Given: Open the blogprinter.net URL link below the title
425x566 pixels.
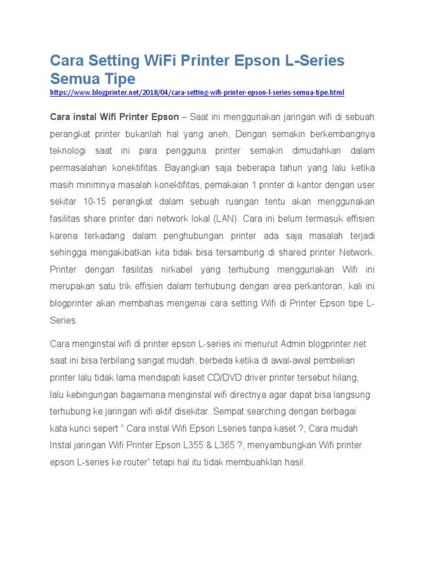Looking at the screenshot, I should [197, 92].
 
